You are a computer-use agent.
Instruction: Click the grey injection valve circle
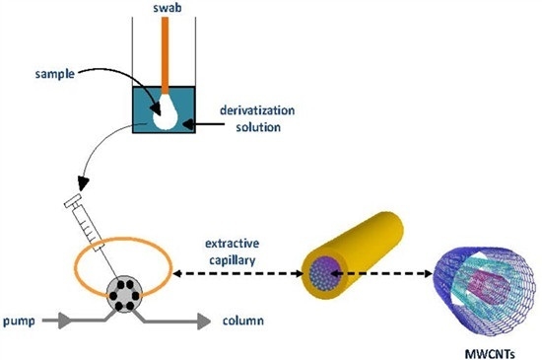(x=125, y=293)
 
